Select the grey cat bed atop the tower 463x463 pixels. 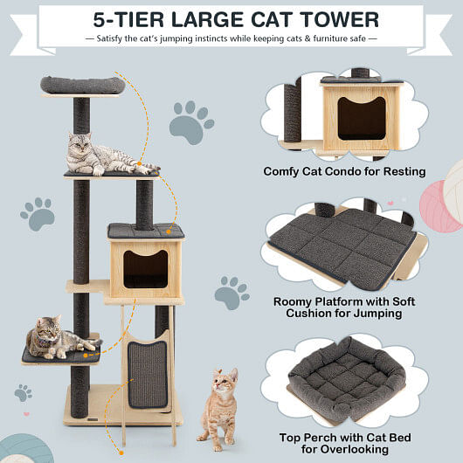coord(83,85)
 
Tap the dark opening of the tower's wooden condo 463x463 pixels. coord(146,269)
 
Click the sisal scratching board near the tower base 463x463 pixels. coord(148,375)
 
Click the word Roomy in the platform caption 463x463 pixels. coord(293,301)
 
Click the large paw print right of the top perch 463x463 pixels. coord(191,122)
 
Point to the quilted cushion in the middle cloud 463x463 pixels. coord(342,247)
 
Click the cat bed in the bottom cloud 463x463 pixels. coord(346,378)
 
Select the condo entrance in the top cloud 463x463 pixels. coord(362,119)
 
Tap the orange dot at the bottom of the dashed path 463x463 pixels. coord(121,453)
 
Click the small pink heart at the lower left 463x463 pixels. coord(26,414)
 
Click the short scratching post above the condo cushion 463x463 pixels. coord(145,205)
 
